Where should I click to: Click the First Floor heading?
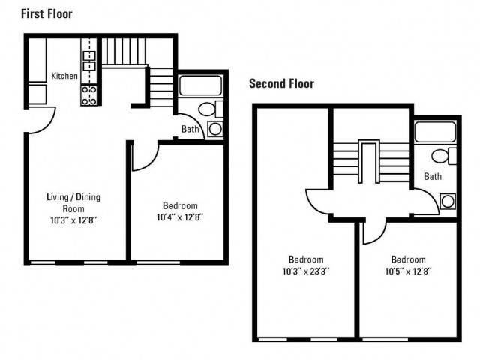(46, 14)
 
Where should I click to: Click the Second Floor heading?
(281, 83)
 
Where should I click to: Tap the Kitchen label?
(64, 76)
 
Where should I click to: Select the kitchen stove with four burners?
(89, 95)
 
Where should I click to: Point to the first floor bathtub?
(200, 85)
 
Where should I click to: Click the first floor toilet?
(211, 109)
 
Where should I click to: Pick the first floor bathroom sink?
(215, 129)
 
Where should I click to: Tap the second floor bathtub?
(435, 132)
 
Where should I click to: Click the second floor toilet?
(444, 156)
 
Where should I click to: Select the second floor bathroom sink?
(448, 202)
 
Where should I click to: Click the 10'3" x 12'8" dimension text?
(73, 220)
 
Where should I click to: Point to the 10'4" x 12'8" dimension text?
(180, 217)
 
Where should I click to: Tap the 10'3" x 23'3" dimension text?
(306, 271)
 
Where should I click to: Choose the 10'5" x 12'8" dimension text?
(408, 271)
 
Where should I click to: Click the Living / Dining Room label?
(73, 202)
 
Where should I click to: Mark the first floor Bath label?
(190, 129)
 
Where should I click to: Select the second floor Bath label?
(433, 176)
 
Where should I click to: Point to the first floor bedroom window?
(158, 262)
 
